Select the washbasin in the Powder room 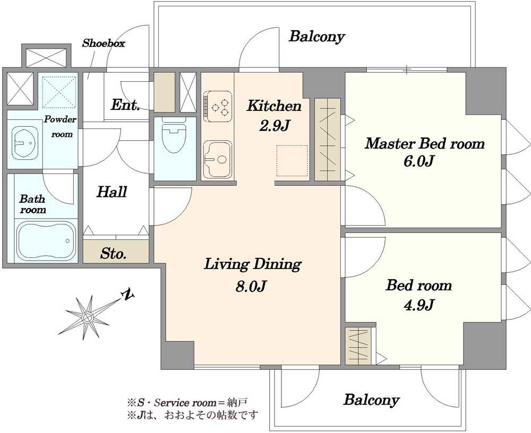(x=25, y=143)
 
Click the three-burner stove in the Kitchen (x=218, y=106)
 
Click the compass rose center (x=88, y=317)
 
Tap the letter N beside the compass (x=127, y=295)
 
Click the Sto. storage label (x=114, y=253)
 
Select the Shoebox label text (x=104, y=43)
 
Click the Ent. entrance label (x=125, y=105)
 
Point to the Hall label (x=112, y=192)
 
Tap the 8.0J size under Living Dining (x=251, y=286)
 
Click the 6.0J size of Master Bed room (x=418, y=161)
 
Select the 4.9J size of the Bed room (x=418, y=305)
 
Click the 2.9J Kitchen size (x=275, y=126)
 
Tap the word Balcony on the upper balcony (x=316, y=37)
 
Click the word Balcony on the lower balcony (x=372, y=400)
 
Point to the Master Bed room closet (x=328, y=140)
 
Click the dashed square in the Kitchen (x=292, y=161)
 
